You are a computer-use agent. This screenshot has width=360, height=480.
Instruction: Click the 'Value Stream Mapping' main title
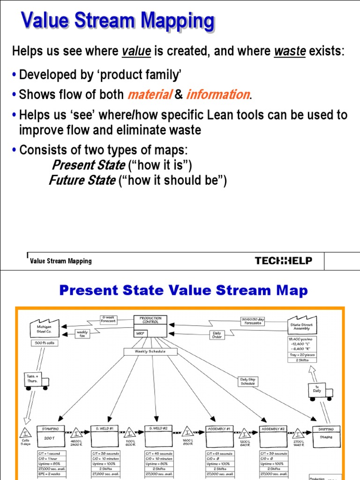(118, 22)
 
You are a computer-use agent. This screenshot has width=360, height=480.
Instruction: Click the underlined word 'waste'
(289, 52)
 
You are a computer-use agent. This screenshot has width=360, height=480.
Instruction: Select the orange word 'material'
(149, 95)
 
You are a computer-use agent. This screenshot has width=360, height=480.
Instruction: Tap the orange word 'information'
(217, 95)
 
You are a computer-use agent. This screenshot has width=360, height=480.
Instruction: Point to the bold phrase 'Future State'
(82, 180)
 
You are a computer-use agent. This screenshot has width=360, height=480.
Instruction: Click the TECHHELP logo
(283, 261)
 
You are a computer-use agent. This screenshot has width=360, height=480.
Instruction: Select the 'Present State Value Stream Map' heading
(183, 291)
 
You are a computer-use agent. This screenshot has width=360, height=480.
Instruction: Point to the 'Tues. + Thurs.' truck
(35, 381)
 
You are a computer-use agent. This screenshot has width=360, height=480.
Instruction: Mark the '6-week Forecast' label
(108, 319)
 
